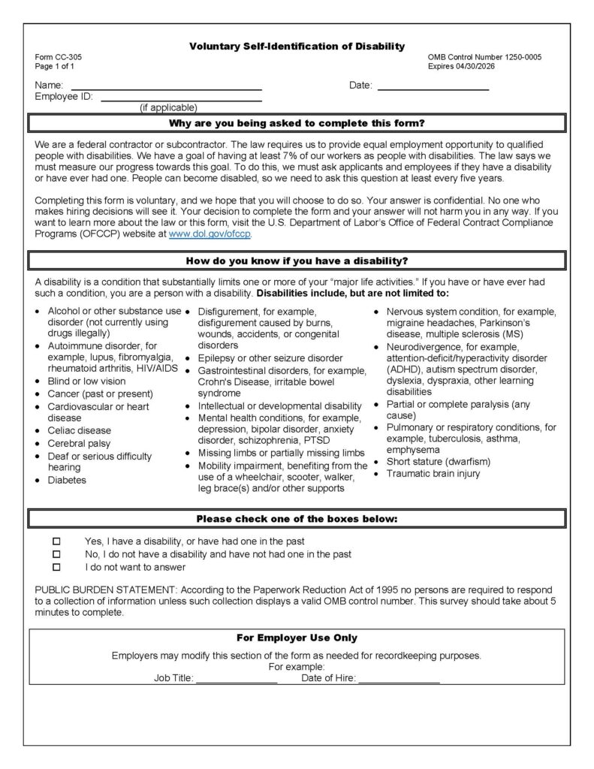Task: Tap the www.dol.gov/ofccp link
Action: pyautogui.click(x=210, y=234)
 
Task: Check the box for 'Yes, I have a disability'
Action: pyautogui.click(x=56, y=541)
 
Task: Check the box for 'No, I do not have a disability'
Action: pyautogui.click(x=56, y=554)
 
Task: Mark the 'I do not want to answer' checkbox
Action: pyautogui.click(x=56, y=567)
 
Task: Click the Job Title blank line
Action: pyautogui.click(x=237, y=679)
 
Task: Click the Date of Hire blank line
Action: pyautogui.click(x=399, y=679)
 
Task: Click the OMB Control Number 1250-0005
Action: pyautogui.click(x=484, y=57)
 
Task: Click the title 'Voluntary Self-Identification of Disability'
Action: pyautogui.click(x=297, y=47)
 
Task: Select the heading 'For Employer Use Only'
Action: pyautogui.click(x=297, y=638)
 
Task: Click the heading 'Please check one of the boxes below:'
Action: pyautogui.click(x=297, y=518)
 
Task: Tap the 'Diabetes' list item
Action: pyautogui.click(x=67, y=480)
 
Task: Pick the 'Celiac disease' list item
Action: pyautogui.click(x=79, y=430)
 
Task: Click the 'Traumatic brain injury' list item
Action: pyautogui.click(x=433, y=474)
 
